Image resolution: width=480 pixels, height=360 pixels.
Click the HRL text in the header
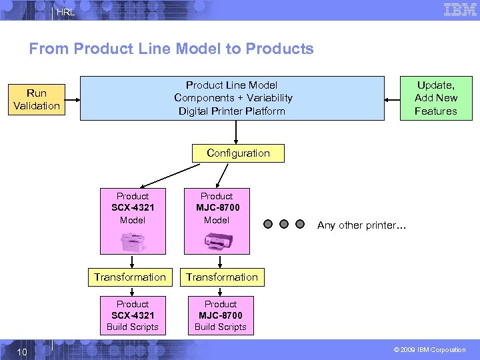[65, 12]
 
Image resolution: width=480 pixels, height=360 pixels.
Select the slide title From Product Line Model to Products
[171, 49]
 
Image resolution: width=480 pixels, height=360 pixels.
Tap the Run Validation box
[37, 99]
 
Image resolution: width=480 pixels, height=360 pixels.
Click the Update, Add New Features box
[435, 98]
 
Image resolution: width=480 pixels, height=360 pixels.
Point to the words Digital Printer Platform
[231, 111]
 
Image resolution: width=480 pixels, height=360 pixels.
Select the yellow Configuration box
[238, 153]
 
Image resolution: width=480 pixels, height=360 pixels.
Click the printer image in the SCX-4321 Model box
[133, 241]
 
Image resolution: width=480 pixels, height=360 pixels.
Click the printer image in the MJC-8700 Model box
[217, 241]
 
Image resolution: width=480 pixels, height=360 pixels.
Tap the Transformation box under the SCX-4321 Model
[130, 277]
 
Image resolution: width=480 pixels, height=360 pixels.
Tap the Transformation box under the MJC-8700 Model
[222, 277]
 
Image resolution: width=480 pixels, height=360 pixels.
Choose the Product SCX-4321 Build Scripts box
[133, 315]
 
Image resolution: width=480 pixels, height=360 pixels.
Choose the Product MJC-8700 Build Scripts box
[221, 315]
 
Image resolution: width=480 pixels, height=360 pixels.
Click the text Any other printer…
[361, 225]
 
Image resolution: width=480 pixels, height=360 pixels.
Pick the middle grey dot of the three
[284, 225]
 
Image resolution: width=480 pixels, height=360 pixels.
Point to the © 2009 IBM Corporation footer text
[429, 349]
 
